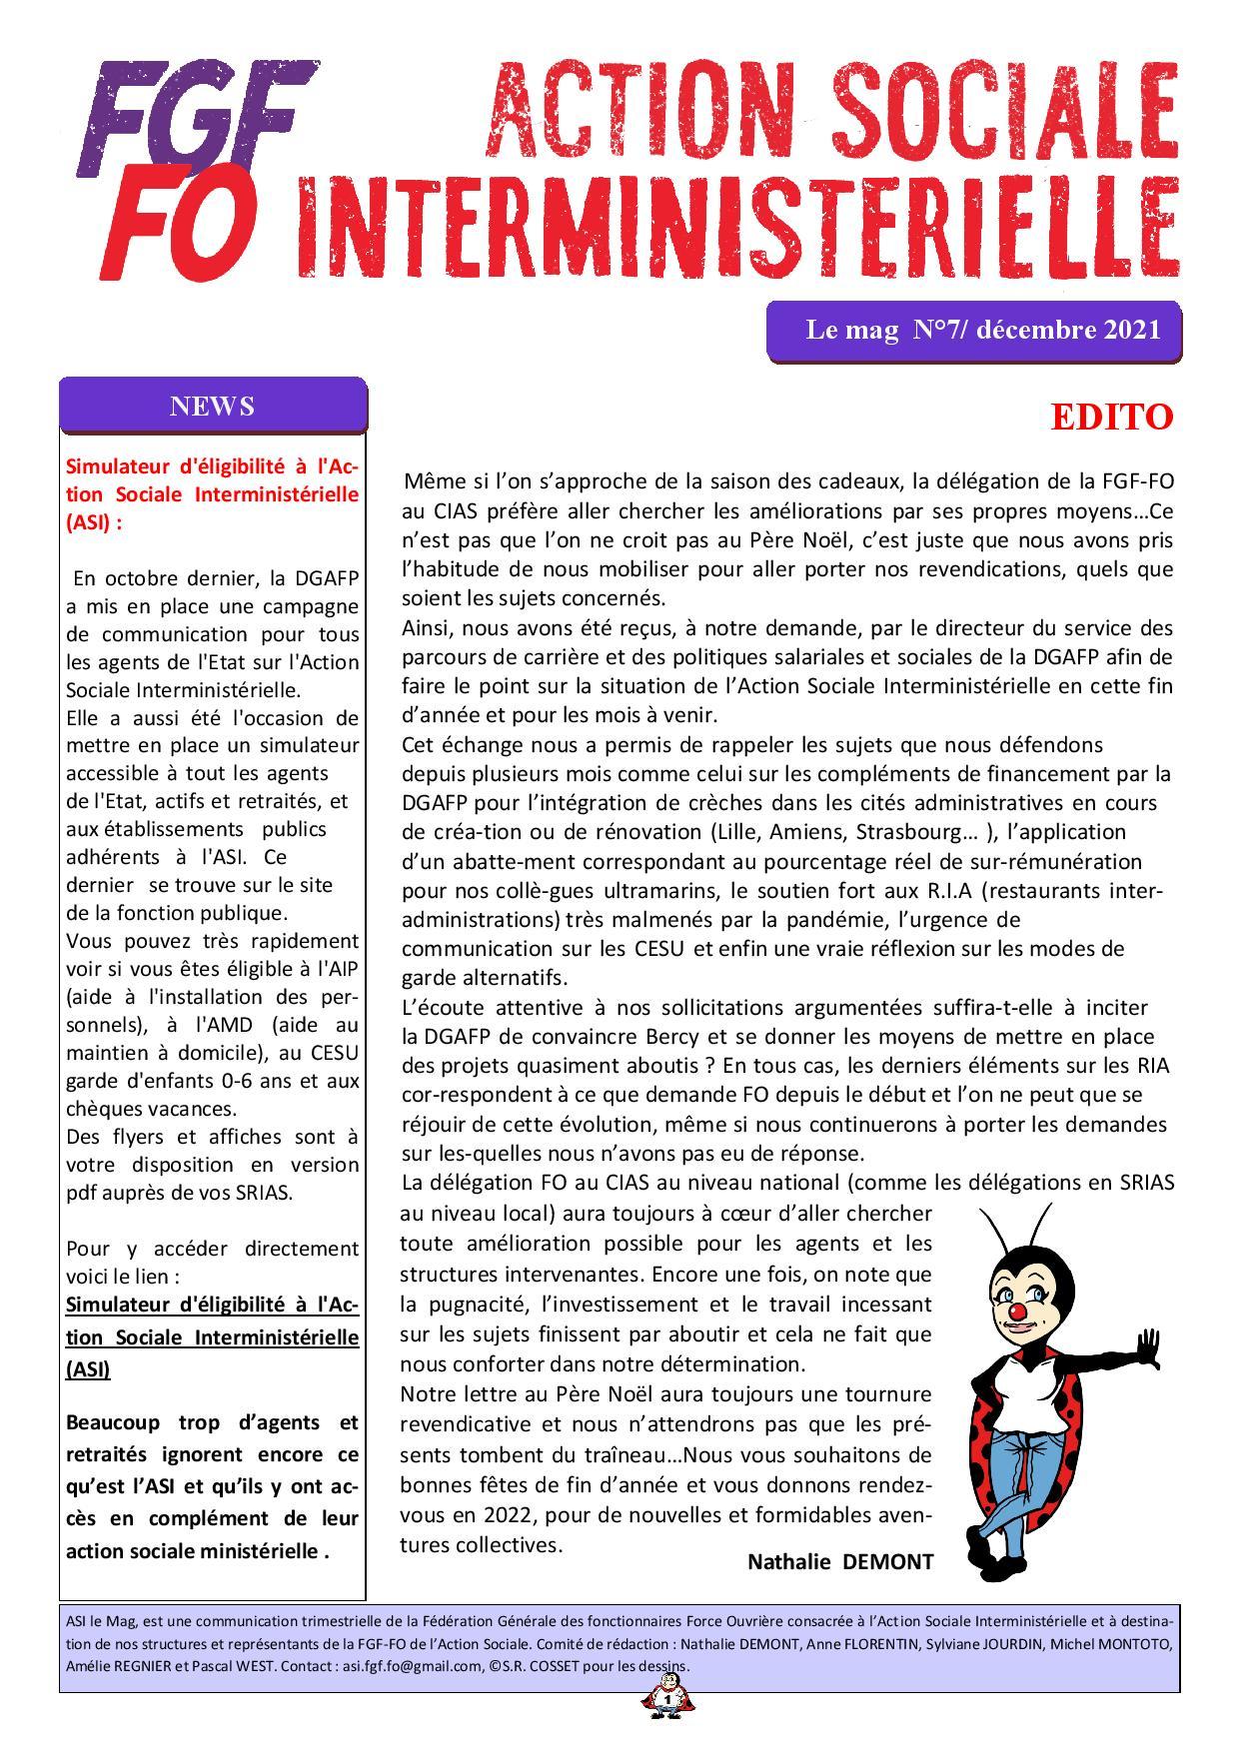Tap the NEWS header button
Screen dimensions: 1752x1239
click(x=212, y=407)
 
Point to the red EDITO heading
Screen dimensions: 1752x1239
click(x=1111, y=418)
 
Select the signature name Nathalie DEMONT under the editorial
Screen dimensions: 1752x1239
click(x=839, y=1562)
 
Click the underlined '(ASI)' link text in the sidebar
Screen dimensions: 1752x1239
click(x=88, y=1369)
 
